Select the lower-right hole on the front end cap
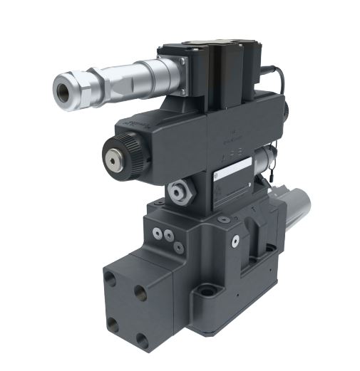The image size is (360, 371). [x=142, y=340]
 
